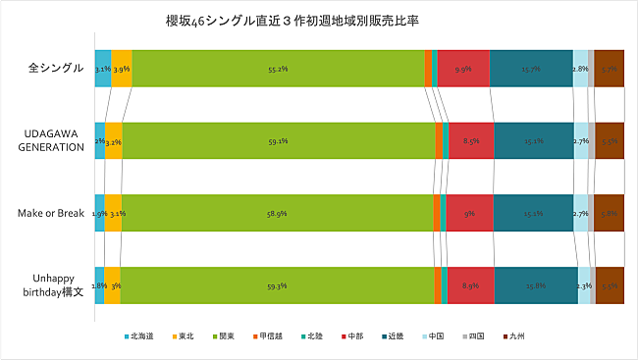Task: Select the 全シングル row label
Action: tap(48, 69)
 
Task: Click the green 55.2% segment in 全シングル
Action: tap(277, 69)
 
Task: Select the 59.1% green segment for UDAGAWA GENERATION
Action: tap(277, 140)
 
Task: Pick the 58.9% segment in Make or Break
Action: tap(277, 212)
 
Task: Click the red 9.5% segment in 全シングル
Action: tap(463, 69)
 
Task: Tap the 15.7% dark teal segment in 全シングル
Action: tap(531, 69)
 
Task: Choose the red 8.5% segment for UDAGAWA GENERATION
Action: tap(471, 140)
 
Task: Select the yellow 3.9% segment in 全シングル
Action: tap(121, 69)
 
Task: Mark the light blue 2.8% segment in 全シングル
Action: tap(580, 69)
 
